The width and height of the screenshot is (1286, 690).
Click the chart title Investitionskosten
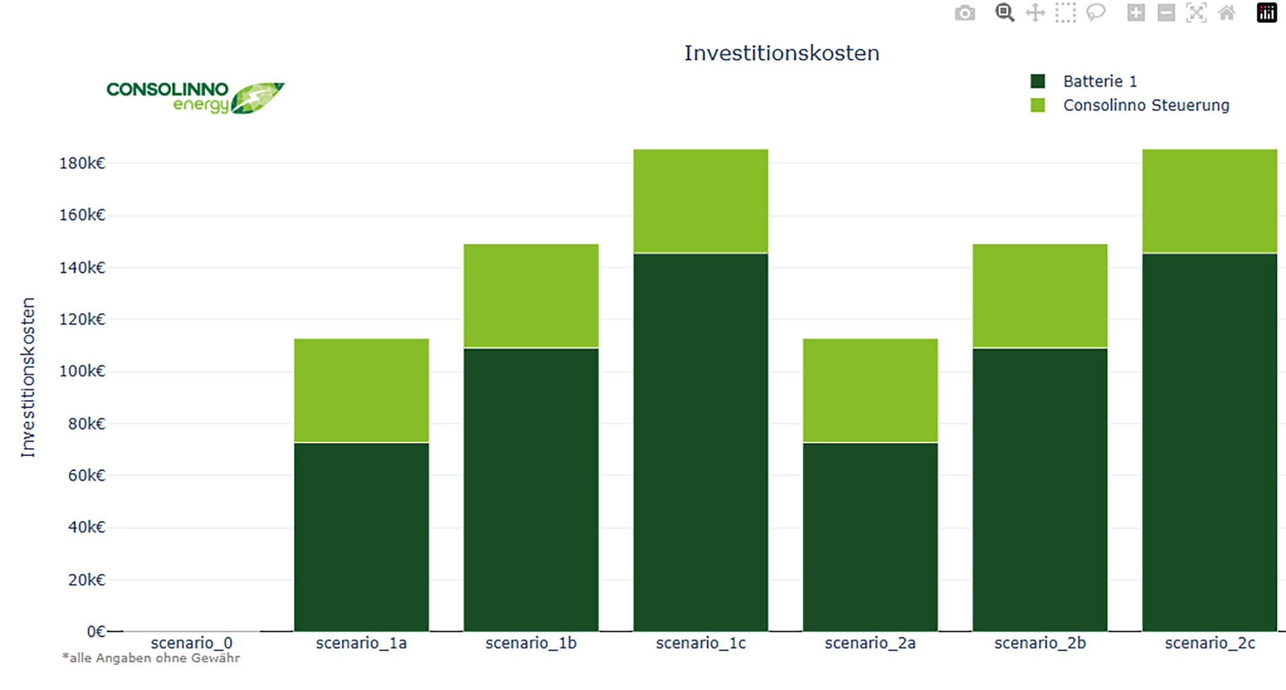(x=782, y=53)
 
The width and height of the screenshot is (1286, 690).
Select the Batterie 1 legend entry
(x=1084, y=82)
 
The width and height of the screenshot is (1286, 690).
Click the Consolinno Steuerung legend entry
(x=1130, y=105)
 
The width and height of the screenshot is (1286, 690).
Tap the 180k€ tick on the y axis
(x=82, y=163)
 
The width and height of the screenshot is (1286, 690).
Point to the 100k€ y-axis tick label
(x=82, y=371)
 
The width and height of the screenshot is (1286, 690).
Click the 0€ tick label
(x=96, y=631)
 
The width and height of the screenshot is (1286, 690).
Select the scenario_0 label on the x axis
(x=191, y=643)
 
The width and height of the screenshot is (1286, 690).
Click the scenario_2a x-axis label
(x=870, y=643)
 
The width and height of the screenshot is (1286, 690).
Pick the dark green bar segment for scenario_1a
(x=361, y=537)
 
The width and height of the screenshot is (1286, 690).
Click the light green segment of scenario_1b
(x=531, y=296)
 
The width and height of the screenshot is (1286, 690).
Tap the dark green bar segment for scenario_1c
(x=701, y=442)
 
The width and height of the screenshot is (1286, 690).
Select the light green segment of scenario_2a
(x=870, y=390)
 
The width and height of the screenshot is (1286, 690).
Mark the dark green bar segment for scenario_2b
(x=1040, y=490)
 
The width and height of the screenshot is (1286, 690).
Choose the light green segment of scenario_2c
(x=1210, y=201)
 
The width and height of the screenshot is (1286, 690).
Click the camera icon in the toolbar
(x=965, y=13)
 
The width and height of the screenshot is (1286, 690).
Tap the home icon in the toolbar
(x=1227, y=13)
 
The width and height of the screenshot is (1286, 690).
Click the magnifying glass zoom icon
(x=1005, y=13)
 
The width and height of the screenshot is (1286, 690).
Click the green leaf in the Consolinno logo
(x=257, y=98)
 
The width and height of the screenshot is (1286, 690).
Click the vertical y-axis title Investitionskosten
(x=28, y=378)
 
